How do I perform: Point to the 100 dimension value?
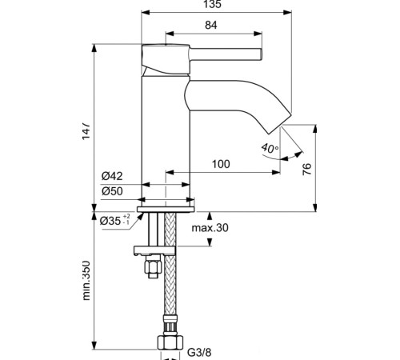221,164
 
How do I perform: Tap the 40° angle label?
270,148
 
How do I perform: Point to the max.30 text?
210,229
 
